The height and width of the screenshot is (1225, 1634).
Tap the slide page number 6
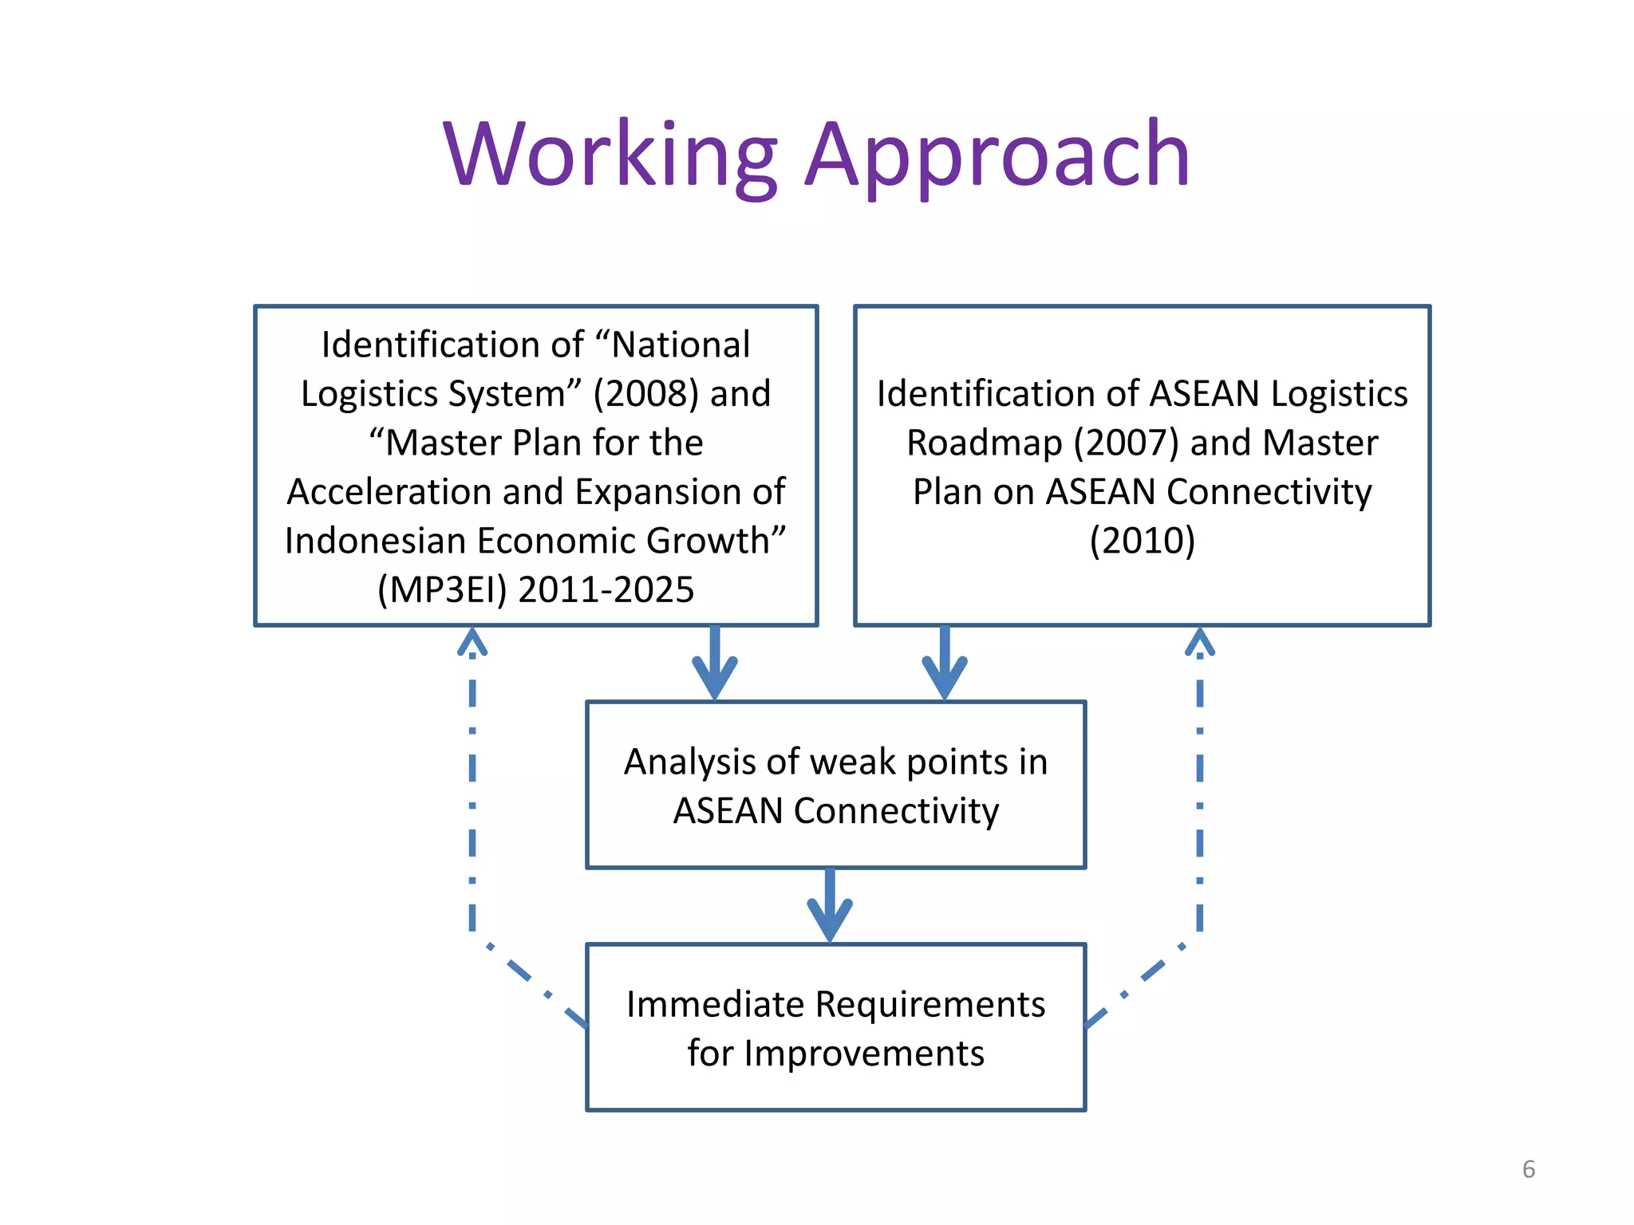[x=1528, y=1169]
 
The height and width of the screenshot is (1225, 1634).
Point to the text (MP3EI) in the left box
[x=442, y=590]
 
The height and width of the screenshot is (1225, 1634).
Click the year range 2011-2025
[x=606, y=590]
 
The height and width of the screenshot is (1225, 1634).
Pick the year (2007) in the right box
[x=1126, y=443]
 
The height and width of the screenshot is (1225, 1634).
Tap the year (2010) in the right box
[x=1142, y=542]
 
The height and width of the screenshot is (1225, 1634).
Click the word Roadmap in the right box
[x=985, y=443]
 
